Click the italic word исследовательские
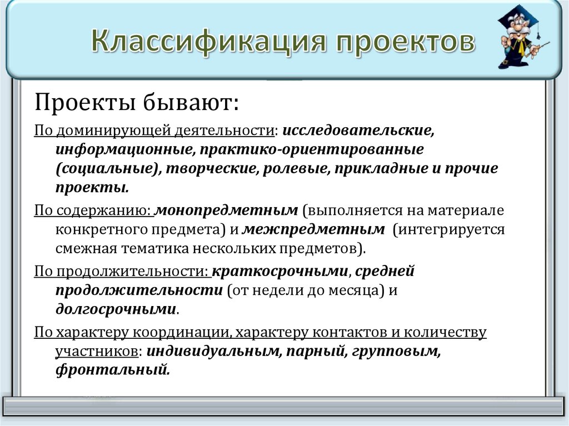pyautogui.click(x=358, y=131)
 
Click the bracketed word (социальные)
pyautogui.click(x=106, y=168)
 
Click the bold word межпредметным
pyautogui.click(x=314, y=229)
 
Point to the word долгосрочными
pyautogui.click(x=116, y=309)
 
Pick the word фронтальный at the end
pyautogui.click(x=112, y=369)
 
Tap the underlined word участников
pyautogui.click(x=96, y=351)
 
